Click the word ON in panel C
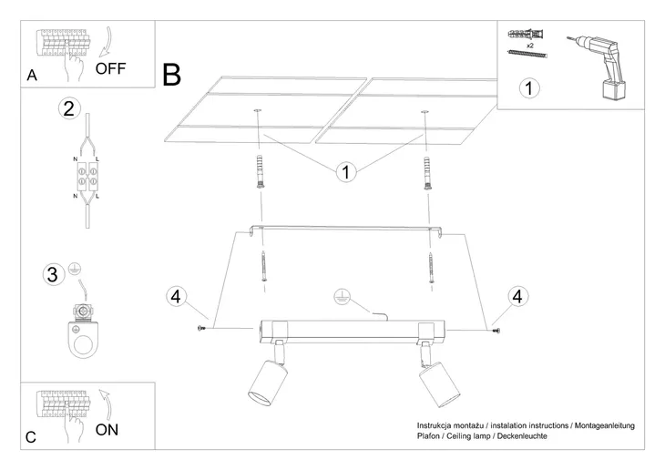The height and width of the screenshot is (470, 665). tap(107, 429)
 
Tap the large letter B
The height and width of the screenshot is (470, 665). tap(172, 75)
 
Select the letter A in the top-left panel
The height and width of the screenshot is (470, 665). tap(32, 77)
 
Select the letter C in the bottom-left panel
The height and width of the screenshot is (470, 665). tap(31, 437)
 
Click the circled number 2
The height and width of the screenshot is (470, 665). tap(67, 108)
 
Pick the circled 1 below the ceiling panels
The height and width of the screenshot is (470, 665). tap(345, 171)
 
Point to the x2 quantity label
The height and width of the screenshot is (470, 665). tap(529, 44)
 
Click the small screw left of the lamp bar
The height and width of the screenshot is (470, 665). tap(201, 328)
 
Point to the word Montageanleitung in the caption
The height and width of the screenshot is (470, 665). tap(604, 425)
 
